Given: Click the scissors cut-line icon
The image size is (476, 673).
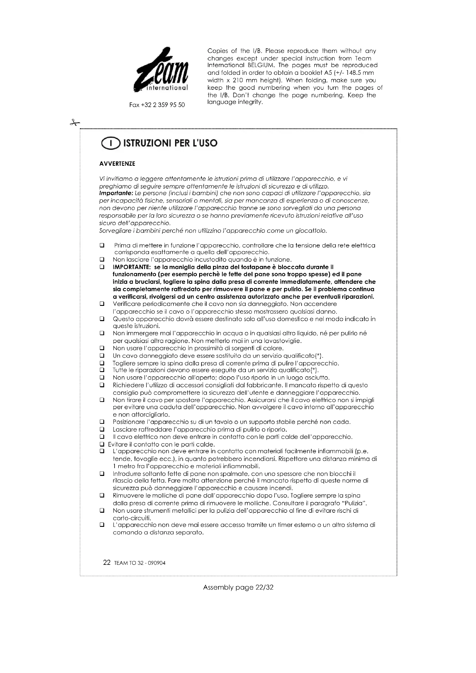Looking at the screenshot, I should coord(75,123).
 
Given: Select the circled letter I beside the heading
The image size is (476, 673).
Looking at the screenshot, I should coord(111,144).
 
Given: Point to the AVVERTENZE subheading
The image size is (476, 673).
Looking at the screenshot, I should coord(117,164).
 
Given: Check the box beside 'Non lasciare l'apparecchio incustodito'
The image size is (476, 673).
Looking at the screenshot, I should coord(102,260).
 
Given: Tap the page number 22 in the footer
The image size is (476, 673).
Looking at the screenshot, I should coord(107,563).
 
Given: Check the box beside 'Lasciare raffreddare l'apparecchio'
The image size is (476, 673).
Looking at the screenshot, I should coord(102,430).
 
